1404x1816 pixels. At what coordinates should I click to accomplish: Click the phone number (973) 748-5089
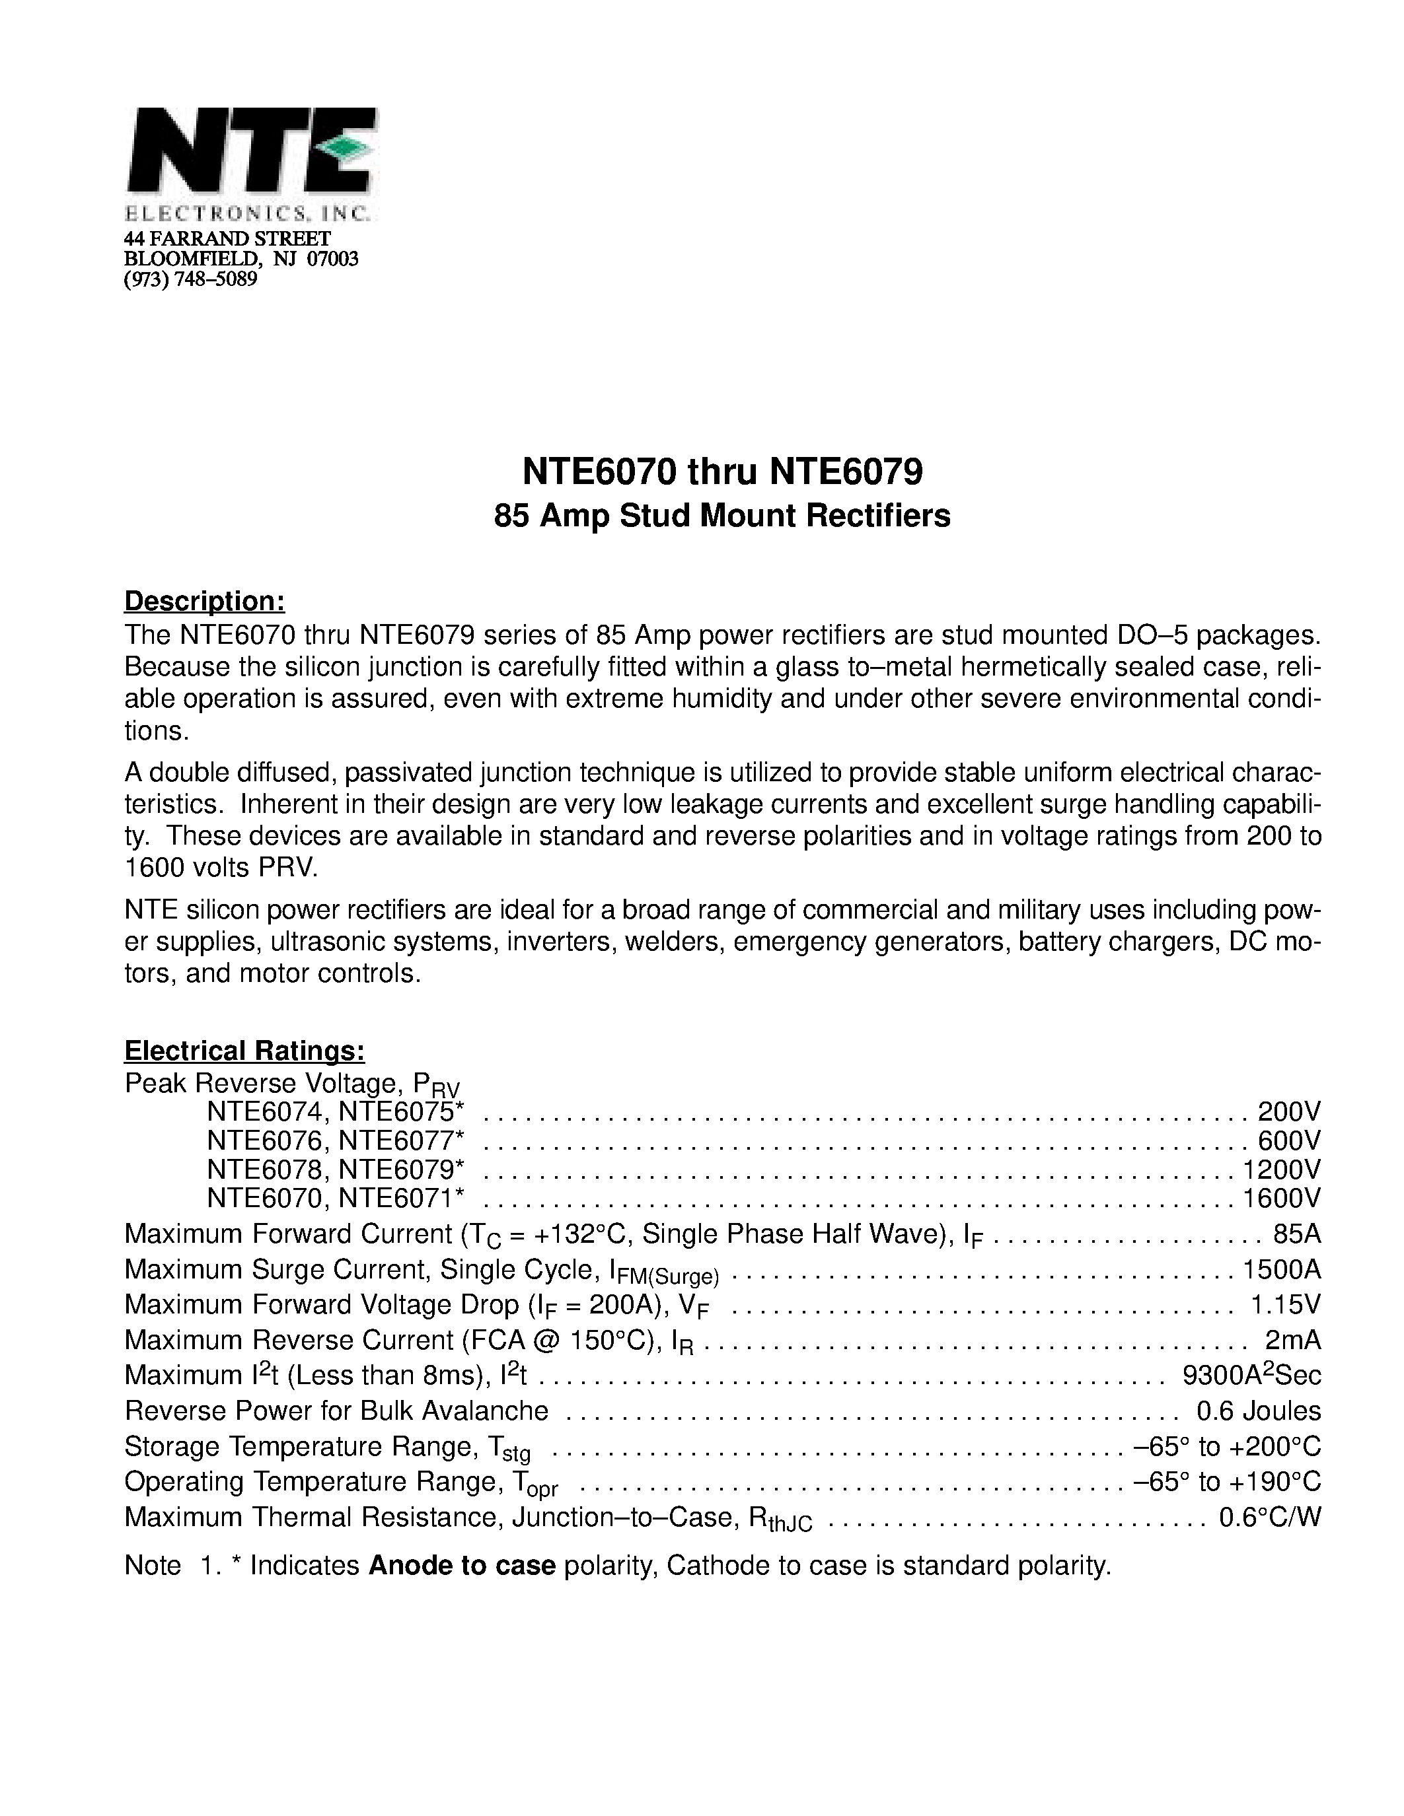(190, 279)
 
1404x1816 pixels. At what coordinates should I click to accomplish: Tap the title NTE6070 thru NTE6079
(722, 472)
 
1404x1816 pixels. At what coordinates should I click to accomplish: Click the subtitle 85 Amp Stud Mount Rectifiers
(722, 516)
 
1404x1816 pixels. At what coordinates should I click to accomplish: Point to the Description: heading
(205, 600)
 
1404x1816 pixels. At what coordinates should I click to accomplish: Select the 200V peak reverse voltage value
(1288, 1111)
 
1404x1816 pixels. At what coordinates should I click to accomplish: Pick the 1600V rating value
(1281, 1198)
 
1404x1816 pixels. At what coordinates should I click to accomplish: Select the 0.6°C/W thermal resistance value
(1269, 1518)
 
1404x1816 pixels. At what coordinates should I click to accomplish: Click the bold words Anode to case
(462, 1566)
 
